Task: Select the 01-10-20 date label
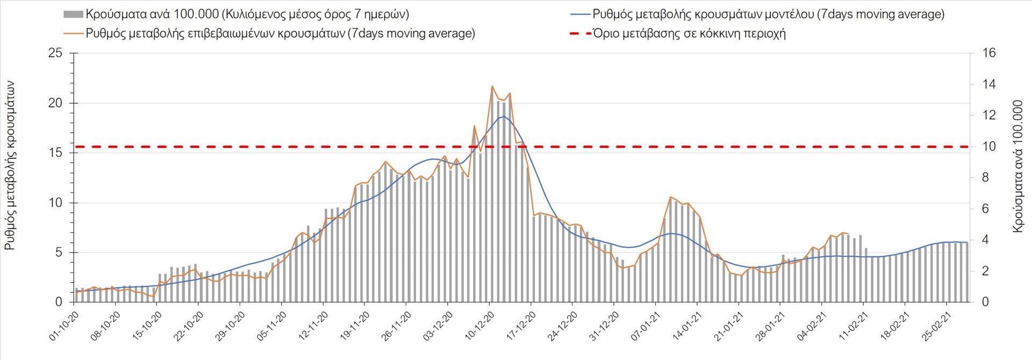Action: (x=64, y=326)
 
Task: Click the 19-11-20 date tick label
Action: (x=355, y=326)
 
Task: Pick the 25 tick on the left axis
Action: (x=55, y=53)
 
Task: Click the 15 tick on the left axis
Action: (x=55, y=153)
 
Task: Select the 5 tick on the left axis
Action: (x=59, y=253)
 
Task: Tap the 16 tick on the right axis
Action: (x=989, y=53)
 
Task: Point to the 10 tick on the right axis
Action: (x=989, y=146)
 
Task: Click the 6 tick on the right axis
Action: (x=986, y=208)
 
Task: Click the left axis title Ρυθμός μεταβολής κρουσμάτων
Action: (x=10, y=165)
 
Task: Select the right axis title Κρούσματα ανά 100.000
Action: (x=1017, y=165)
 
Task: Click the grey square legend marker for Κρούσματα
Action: (x=73, y=15)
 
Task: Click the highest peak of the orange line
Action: (x=492, y=86)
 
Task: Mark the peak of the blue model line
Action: (x=504, y=116)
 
